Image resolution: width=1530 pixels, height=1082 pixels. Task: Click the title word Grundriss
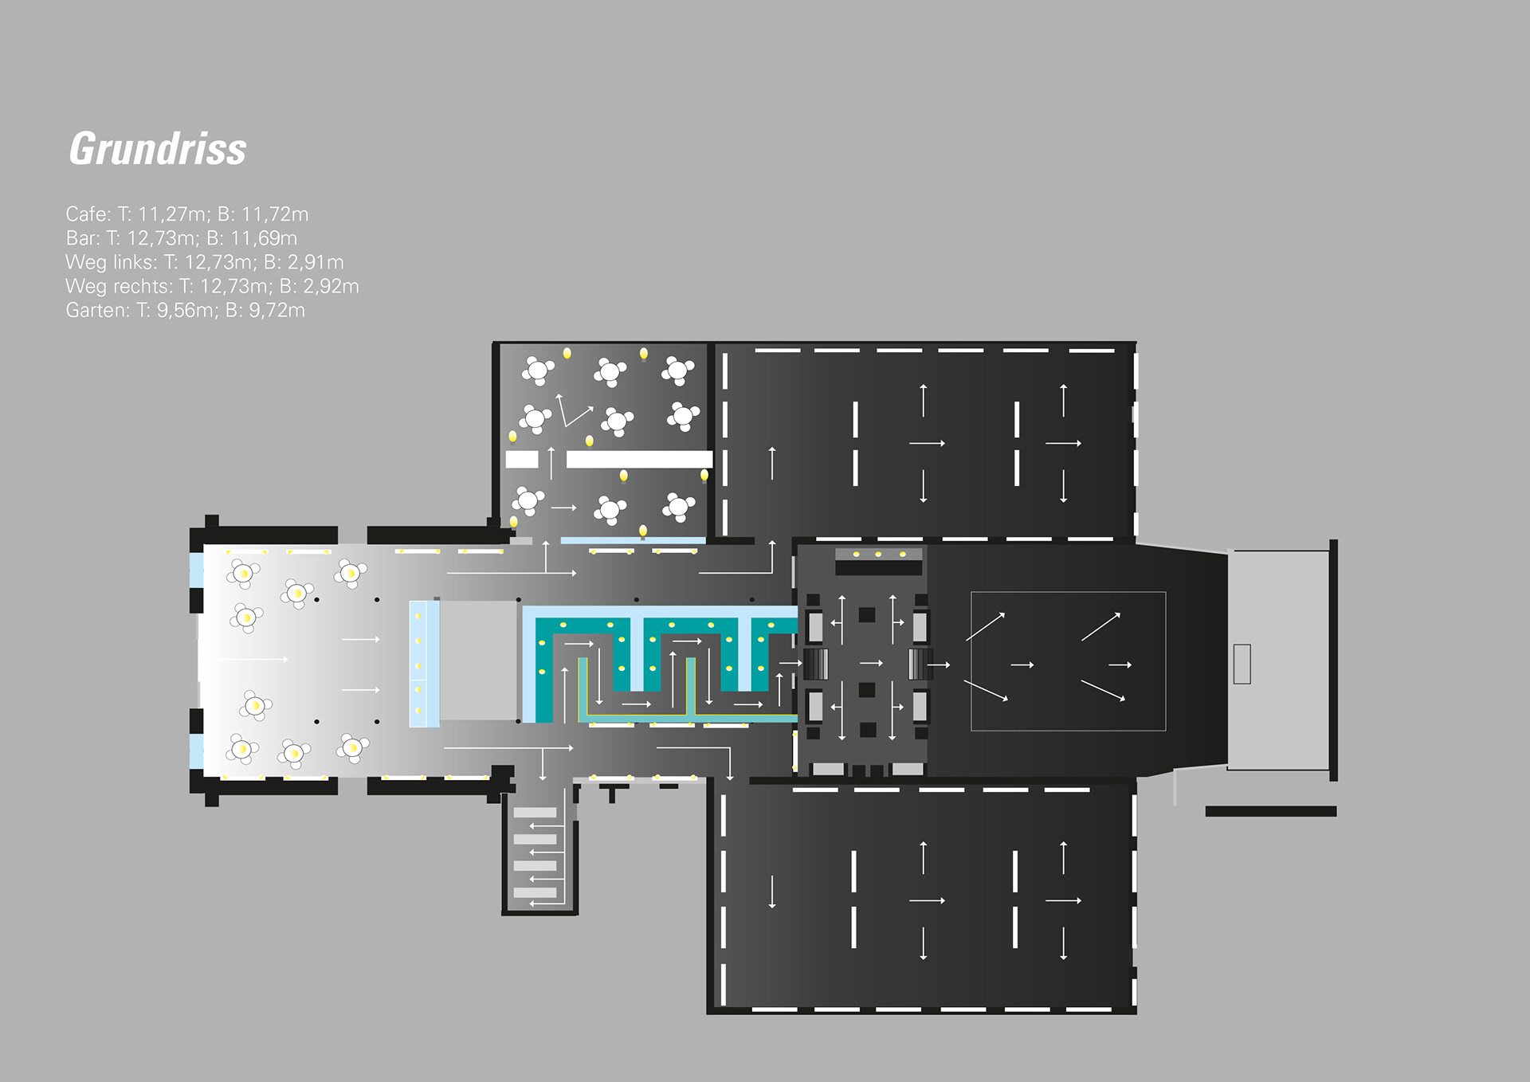coord(158,149)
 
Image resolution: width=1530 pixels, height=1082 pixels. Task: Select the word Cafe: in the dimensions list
coord(88,214)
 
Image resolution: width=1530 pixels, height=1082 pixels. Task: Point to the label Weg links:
coord(112,262)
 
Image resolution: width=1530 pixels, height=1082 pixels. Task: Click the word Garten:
coord(97,311)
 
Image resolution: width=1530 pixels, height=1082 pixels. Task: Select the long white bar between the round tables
coord(639,459)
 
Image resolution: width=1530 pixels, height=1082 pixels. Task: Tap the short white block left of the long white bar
coord(522,459)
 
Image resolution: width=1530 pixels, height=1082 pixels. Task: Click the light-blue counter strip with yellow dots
coord(424,664)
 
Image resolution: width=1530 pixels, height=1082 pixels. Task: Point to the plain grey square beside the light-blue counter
coord(478,660)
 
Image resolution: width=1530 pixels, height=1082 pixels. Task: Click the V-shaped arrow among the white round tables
coord(572,410)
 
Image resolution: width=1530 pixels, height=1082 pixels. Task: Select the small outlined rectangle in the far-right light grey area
coord(1242,664)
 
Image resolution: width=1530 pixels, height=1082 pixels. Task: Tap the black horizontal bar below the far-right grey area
coord(1270,811)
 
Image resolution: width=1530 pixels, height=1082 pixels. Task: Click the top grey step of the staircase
coord(535,813)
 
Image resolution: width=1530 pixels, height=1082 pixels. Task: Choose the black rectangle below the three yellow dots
coord(878,568)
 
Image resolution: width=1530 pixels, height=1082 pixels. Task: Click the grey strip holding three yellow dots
coord(878,554)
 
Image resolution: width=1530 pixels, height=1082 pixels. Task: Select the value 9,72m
coord(277,311)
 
